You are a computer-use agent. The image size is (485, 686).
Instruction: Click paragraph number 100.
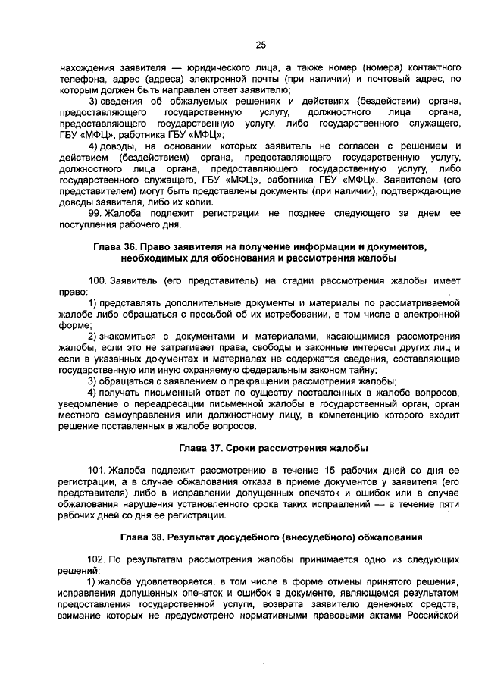click(99, 280)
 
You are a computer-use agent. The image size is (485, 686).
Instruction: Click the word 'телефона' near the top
click(80, 78)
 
